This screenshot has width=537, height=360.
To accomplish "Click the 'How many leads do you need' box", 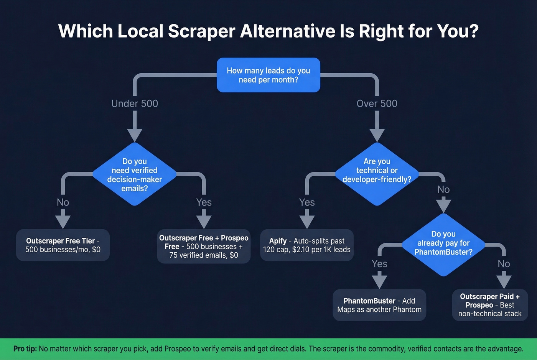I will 268,75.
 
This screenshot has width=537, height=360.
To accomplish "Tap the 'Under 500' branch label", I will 135,104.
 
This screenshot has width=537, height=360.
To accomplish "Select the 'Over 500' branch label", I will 377,104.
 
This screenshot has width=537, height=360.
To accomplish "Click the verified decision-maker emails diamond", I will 135,174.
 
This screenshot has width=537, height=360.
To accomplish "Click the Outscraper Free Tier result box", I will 63,245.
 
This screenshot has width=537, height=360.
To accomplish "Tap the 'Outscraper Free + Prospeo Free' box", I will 204,247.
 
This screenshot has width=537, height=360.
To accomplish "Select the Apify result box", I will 307,245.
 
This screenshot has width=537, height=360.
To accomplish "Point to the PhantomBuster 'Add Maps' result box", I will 379,305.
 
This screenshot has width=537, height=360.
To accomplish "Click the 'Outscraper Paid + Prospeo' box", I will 490,305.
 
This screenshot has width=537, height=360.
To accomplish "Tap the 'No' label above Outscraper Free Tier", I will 63,202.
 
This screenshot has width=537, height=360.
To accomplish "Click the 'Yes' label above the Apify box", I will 307,202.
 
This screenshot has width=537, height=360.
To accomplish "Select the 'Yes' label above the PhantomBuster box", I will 379,264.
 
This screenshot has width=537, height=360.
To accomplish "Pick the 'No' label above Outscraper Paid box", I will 504,264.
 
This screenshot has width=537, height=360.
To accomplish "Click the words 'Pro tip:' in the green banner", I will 25,349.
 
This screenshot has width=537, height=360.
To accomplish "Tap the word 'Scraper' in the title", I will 201,31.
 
